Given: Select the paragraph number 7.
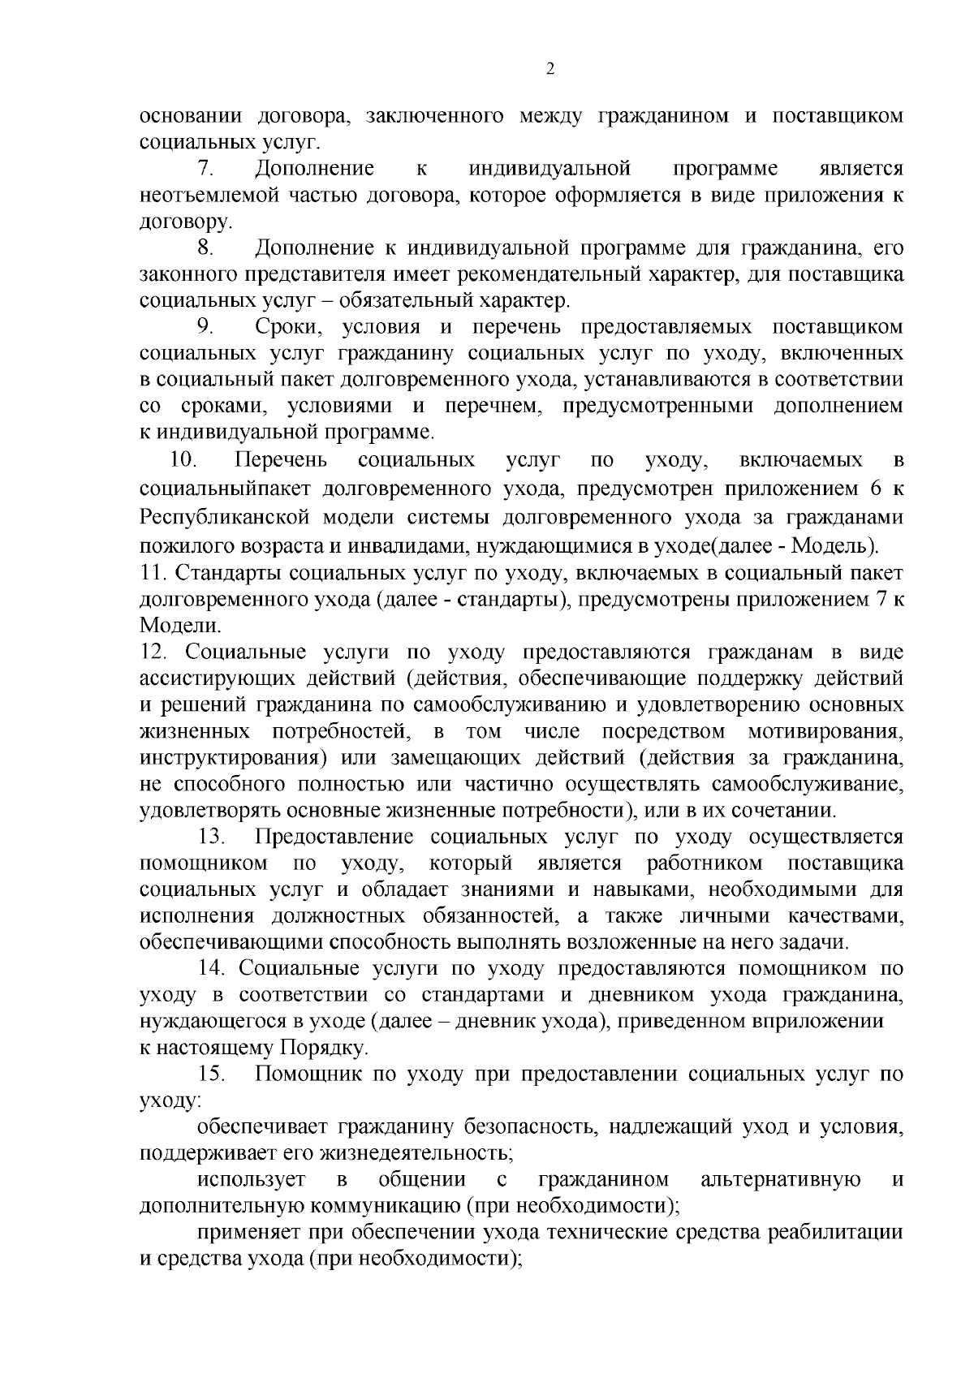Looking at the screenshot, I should [x=205, y=170].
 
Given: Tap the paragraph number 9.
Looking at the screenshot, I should [x=205, y=327].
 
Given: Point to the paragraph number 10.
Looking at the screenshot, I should [x=183, y=461].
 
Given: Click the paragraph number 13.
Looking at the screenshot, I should [x=213, y=838].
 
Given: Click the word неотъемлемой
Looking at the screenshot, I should [x=209, y=196].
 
